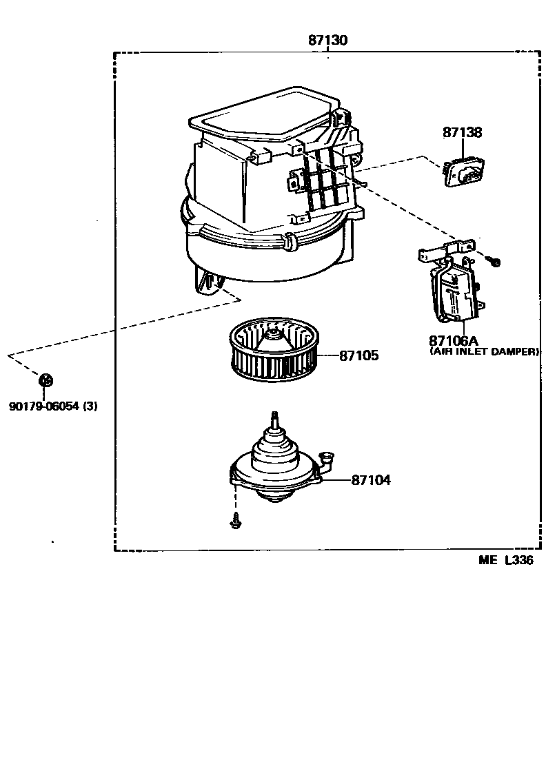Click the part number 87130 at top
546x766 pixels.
[x=327, y=41]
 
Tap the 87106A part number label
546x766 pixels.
[x=453, y=340]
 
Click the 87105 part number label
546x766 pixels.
[x=358, y=356]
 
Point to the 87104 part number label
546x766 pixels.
[x=370, y=480]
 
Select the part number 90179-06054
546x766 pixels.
[x=43, y=406]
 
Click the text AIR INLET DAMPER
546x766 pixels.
[x=484, y=351]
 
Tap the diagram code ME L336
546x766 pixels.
[x=506, y=560]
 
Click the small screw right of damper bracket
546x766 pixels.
[x=494, y=261]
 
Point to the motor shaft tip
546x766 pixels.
[x=275, y=415]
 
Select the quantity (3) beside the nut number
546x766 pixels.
[x=90, y=406]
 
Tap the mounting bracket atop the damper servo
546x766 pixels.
[x=446, y=250]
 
